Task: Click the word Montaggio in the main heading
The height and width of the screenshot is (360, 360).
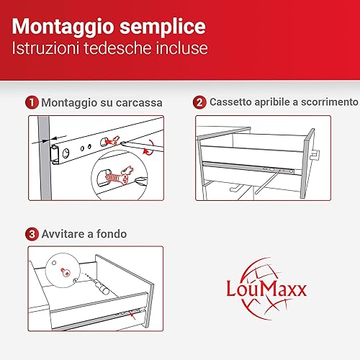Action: pos(63,27)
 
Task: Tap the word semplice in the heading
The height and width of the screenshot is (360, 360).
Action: pos(163,27)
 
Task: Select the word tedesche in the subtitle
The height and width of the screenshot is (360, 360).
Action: pos(117,48)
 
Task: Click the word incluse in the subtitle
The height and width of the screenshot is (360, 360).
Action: pos(181,48)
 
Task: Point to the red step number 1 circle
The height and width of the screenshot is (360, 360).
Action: pos(32,102)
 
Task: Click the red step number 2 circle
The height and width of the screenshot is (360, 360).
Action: pos(199,102)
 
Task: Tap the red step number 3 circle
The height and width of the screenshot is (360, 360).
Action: pos(32,234)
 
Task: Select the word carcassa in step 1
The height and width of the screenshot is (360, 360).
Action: pos(139,103)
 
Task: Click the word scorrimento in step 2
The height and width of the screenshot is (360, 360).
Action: pos(330,102)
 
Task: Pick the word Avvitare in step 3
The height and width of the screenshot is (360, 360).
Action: pos(63,234)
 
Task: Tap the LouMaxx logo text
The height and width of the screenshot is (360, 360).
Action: pos(266,289)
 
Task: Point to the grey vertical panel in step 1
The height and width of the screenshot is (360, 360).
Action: pos(45,158)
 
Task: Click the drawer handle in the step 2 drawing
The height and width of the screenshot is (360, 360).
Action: pos(315,155)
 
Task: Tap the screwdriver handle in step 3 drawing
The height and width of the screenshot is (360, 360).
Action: pos(104,288)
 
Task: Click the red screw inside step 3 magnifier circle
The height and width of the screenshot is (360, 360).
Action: pos(66,272)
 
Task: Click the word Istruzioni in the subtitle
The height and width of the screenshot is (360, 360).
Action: pos(45,48)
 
